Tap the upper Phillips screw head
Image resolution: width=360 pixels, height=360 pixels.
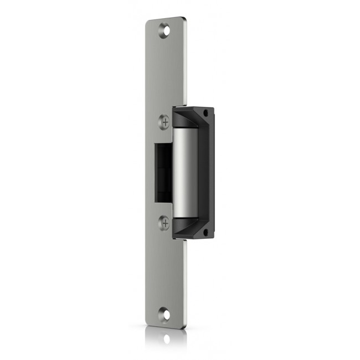[x=164, y=121]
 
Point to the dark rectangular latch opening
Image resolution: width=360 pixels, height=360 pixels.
[x=163, y=171]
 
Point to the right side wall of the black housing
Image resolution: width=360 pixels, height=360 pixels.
[x=209, y=172]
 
